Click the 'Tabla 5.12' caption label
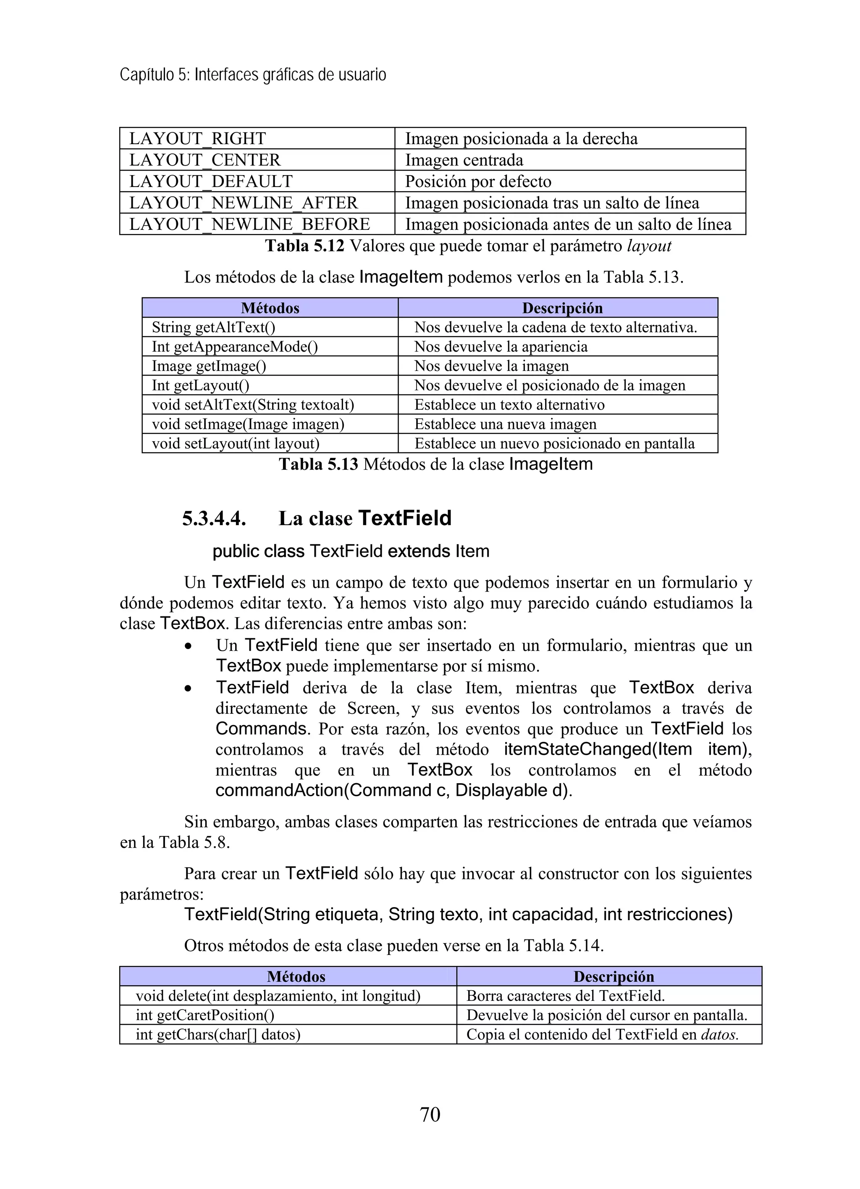pos(304,246)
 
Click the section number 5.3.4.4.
pos(214,518)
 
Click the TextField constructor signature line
pos(458,915)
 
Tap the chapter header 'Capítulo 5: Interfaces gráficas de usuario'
pos(253,75)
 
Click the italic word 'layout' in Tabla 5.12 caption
pos(649,246)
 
